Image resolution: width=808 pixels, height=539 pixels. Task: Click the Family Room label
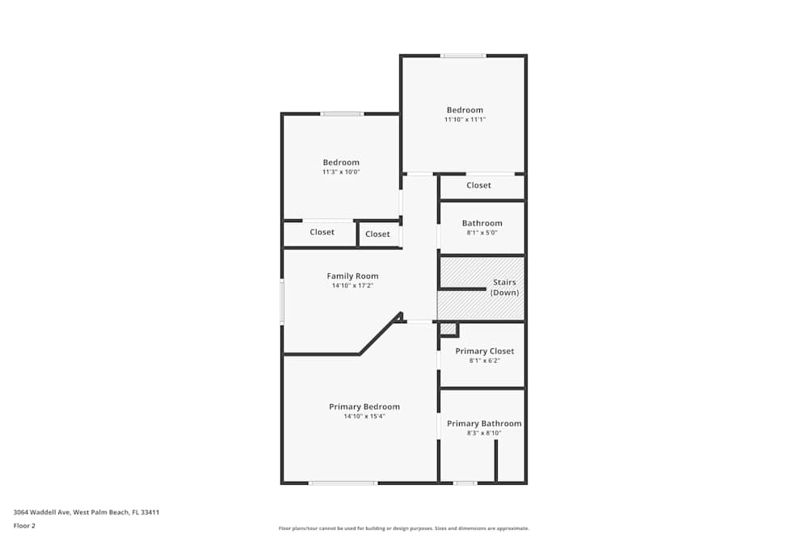click(x=352, y=276)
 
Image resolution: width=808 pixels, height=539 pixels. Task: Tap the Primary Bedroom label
click(x=364, y=406)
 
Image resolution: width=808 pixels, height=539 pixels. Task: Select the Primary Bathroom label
click(x=484, y=423)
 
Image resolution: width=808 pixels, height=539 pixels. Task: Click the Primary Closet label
click(x=484, y=351)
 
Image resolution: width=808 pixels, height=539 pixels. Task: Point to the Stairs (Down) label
click(x=504, y=288)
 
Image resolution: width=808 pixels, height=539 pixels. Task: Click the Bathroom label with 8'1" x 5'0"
click(x=482, y=223)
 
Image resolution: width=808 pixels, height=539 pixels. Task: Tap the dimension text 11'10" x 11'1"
click(x=465, y=120)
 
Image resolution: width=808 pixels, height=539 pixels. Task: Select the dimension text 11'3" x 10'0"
click(x=341, y=172)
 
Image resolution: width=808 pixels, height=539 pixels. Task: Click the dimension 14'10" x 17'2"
click(x=352, y=285)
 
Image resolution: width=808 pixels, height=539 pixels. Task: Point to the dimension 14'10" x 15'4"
click(x=364, y=416)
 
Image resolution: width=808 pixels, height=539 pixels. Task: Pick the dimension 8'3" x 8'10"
click(x=484, y=433)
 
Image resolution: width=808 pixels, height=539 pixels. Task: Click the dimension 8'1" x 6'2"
click(x=484, y=360)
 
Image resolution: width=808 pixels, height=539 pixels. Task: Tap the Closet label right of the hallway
click(x=478, y=186)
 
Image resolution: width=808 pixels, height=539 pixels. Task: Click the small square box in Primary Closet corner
click(x=448, y=329)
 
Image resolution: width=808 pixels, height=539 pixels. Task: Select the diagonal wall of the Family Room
click(x=380, y=334)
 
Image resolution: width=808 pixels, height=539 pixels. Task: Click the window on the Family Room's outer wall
click(x=282, y=302)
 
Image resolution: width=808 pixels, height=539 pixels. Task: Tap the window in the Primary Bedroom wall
click(x=343, y=483)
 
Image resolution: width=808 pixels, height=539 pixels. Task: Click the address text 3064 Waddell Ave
click(x=43, y=512)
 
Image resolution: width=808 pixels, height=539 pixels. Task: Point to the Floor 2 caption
click(x=24, y=526)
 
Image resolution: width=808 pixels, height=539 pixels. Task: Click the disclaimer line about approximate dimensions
click(x=404, y=528)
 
